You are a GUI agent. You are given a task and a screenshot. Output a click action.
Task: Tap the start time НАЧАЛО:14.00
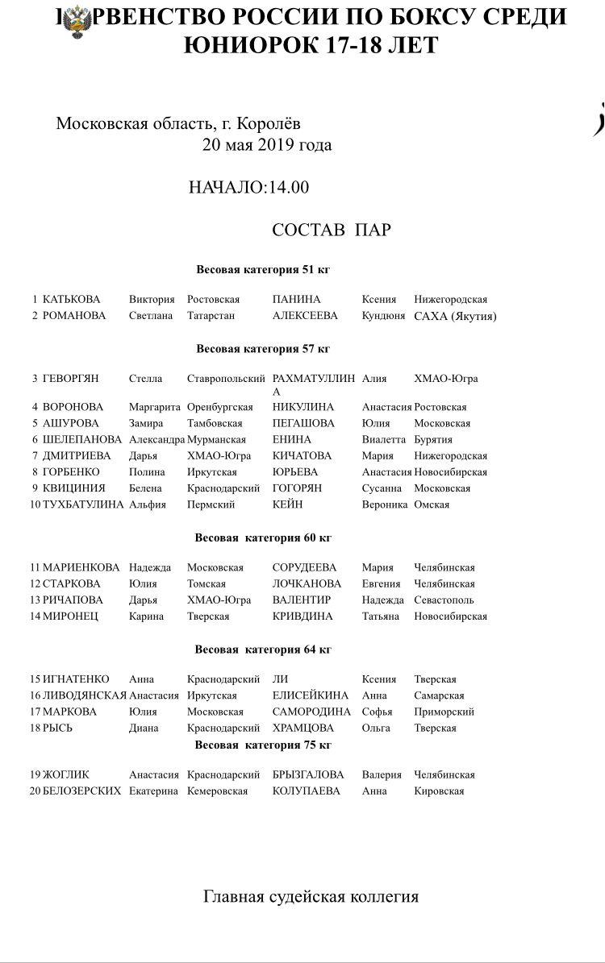click(x=248, y=188)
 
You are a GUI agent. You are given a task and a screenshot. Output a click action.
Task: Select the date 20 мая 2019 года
click(x=266, y=145)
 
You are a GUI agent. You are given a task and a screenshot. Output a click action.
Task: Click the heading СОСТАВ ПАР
click(x=331, y=230)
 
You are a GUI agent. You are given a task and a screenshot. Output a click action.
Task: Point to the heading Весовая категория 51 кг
click(x=263, y=270)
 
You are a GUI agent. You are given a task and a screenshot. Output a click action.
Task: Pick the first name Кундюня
click(x=383, y=316)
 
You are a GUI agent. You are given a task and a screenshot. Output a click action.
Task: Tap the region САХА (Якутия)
click(x=455, y=316)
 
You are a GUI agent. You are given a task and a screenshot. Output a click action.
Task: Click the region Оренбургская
click(x=219, y=408)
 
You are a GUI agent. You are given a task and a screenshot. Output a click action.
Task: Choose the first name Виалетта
click(x=382, y=440)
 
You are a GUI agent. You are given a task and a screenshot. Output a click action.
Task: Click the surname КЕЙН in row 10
click(x=287, y=504)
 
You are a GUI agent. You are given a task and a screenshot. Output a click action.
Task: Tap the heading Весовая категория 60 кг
click(x=263, y=538)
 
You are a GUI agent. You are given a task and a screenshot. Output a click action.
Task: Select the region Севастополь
click(x=444, y=600)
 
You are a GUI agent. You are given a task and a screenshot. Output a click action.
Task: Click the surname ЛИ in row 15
click(x=280, y=679)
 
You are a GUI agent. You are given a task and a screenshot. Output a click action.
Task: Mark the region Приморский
click(x=444, y=712)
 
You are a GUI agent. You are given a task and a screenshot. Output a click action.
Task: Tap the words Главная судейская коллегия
click(x=311, y=897)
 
